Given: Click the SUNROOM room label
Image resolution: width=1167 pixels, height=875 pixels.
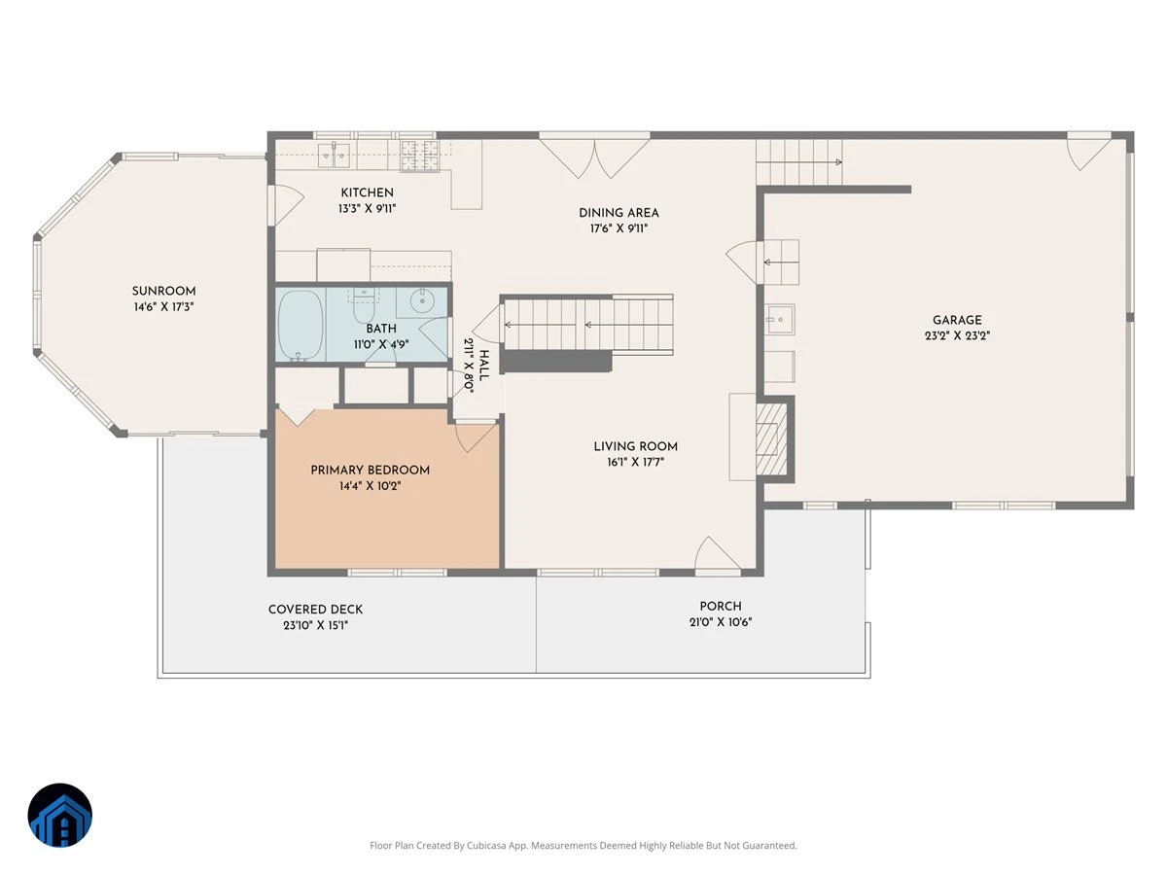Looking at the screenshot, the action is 163,291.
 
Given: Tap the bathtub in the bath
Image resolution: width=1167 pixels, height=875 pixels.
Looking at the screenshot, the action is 301,325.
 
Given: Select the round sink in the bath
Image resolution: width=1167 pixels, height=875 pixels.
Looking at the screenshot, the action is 423,301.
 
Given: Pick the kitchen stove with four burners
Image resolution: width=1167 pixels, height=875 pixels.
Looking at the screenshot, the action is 419,156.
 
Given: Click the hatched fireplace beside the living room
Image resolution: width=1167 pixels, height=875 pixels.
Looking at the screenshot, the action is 771,438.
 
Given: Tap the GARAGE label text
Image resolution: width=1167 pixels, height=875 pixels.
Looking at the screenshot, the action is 957,321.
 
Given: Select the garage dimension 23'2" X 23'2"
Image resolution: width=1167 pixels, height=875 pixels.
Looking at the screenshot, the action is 957,335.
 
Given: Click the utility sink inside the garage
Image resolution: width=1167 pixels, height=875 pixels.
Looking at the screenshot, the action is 780,320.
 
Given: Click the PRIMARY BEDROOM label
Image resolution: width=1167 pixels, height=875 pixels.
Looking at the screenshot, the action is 371,471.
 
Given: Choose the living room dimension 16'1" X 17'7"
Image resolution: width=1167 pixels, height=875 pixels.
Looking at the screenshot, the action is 635,462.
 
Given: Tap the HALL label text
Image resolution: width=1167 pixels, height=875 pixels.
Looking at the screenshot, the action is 483,365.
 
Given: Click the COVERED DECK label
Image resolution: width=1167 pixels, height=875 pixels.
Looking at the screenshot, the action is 315,610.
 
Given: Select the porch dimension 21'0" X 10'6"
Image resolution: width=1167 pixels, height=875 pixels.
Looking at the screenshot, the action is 721,622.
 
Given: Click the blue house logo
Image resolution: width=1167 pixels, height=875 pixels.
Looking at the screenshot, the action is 60,815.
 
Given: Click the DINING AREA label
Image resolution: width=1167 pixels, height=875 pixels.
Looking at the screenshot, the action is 619,213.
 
